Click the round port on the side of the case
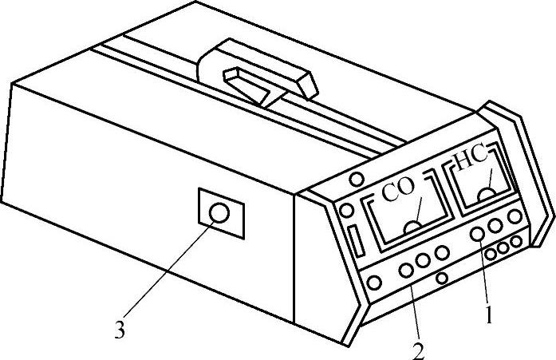pos(219,213)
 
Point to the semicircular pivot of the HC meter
pos(486,195)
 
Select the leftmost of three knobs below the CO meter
pos(407,270)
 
